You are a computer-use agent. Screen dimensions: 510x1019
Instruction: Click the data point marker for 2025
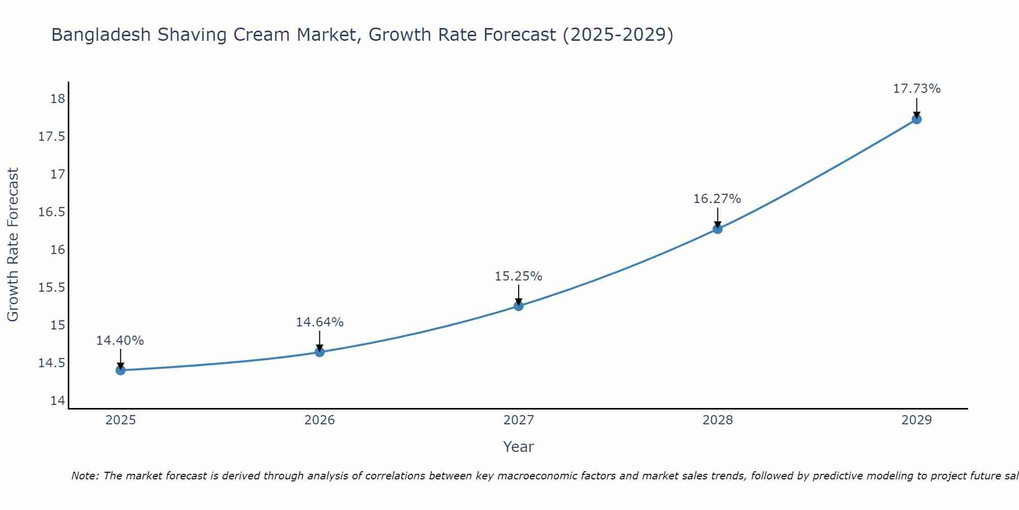(x=121, y=370)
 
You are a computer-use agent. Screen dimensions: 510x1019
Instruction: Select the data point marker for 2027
(x=519, y=306)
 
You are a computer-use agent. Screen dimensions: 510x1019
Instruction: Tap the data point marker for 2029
(x=916, y=119)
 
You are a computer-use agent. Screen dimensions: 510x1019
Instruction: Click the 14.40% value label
(x=120, y=341)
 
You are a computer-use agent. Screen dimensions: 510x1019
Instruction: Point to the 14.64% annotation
(x=319, y=322)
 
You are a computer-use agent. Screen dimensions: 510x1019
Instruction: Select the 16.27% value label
(x=717, y=199)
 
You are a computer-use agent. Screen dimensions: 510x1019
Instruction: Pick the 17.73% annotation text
(x=916, y=89)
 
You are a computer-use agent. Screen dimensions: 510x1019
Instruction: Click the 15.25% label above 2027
(x=518, y=276)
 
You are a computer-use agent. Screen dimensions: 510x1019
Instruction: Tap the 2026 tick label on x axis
(x=319, y=420)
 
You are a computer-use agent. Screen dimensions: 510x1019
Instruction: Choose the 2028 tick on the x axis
(x=717, y=420)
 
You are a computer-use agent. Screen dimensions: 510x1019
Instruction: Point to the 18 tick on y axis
(x=58, y=99)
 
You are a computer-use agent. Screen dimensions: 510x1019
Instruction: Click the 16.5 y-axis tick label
(x=52, y=212)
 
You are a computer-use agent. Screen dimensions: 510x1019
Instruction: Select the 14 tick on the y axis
(x=58, y=401)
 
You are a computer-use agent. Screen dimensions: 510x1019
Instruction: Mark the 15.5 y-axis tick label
(x=52, y=288)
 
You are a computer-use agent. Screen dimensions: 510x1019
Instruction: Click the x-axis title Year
(x=518, y=447)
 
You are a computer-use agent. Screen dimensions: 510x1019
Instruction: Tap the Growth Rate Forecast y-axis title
(x=13, y=245)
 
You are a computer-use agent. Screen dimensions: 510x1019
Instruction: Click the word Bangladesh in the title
(x=101, y=35)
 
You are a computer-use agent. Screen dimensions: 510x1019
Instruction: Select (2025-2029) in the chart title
(x=618, y=35)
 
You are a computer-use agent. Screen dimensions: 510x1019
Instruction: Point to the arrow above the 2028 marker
(x=717, y=217)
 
